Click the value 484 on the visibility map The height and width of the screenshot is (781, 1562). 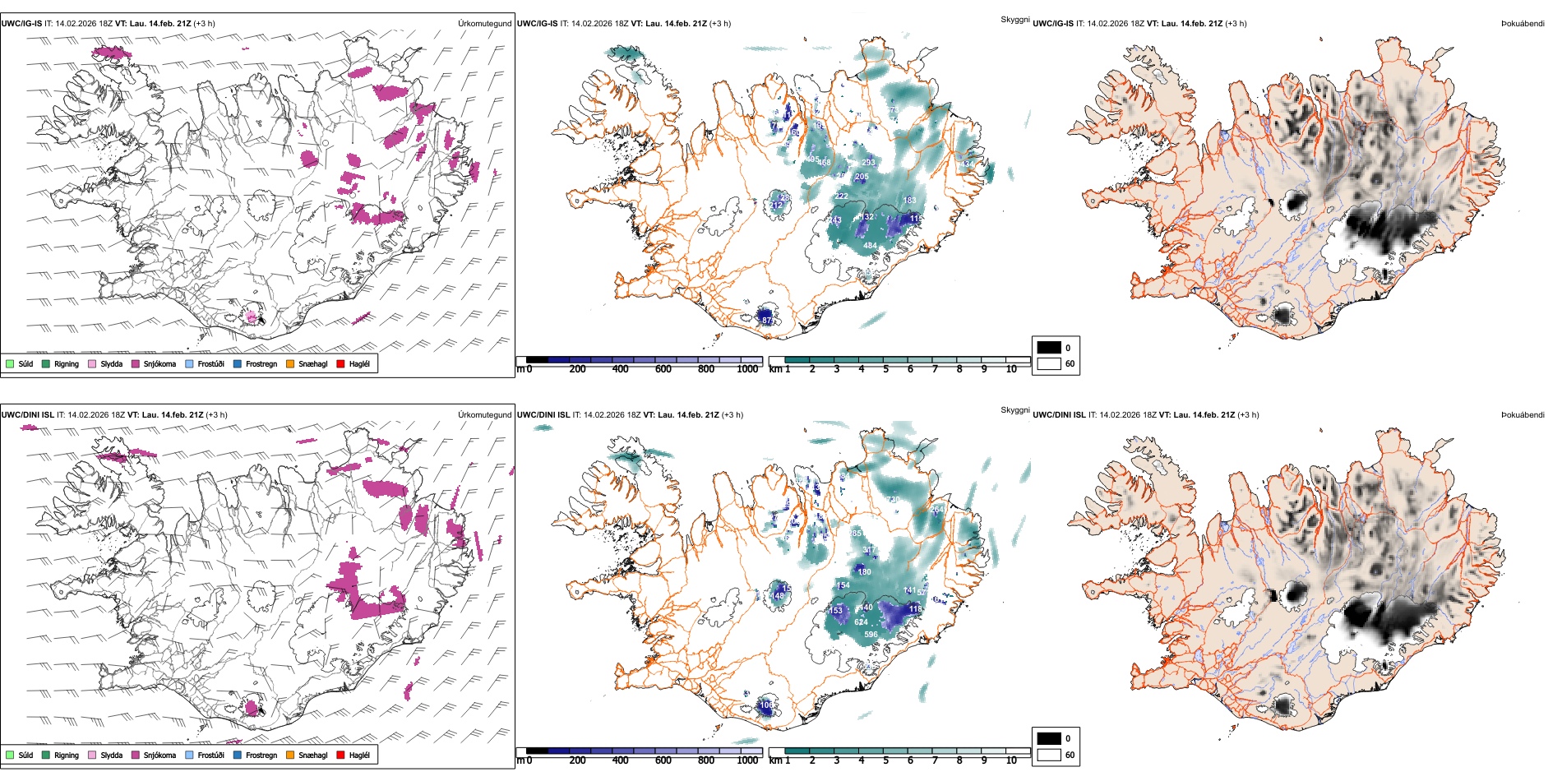pyautogui.click(x=870, y=246)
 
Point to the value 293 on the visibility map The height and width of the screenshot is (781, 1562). pyautogui.click(x=868, y=163)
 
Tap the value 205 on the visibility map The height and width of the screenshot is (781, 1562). pyautogui.click(x=862, y=177)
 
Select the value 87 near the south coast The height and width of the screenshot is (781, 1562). pyautogui.click(x=767, y=320)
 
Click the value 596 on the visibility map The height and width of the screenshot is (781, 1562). pyautogui.click(x=871, y=634)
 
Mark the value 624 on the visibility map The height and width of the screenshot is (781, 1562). pyautogui.click(x=861, y=622)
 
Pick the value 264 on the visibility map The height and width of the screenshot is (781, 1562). pyautogui.click(x=937, y=510)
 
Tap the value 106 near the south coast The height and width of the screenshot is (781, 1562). pyautogui.click(x=766, y=705)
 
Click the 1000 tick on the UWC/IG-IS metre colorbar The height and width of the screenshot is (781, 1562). pyautogui.click(x=747, y=369)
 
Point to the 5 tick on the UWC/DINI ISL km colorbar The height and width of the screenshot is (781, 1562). pyautogui.click(x=886, y=760)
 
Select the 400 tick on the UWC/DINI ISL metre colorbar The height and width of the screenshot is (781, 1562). pyautogui.click(x=620, y=760)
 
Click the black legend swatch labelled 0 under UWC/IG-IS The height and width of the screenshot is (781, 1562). pyautogui.click(x=1049, y=348)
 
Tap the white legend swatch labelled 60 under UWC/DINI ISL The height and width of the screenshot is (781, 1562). pyautogui.click(x=1049, y=755)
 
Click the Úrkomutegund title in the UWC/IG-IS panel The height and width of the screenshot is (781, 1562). pyautogui.click(x=484, y=24)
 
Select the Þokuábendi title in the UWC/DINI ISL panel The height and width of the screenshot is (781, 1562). pyautogui.click(x=1523, y=415)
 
